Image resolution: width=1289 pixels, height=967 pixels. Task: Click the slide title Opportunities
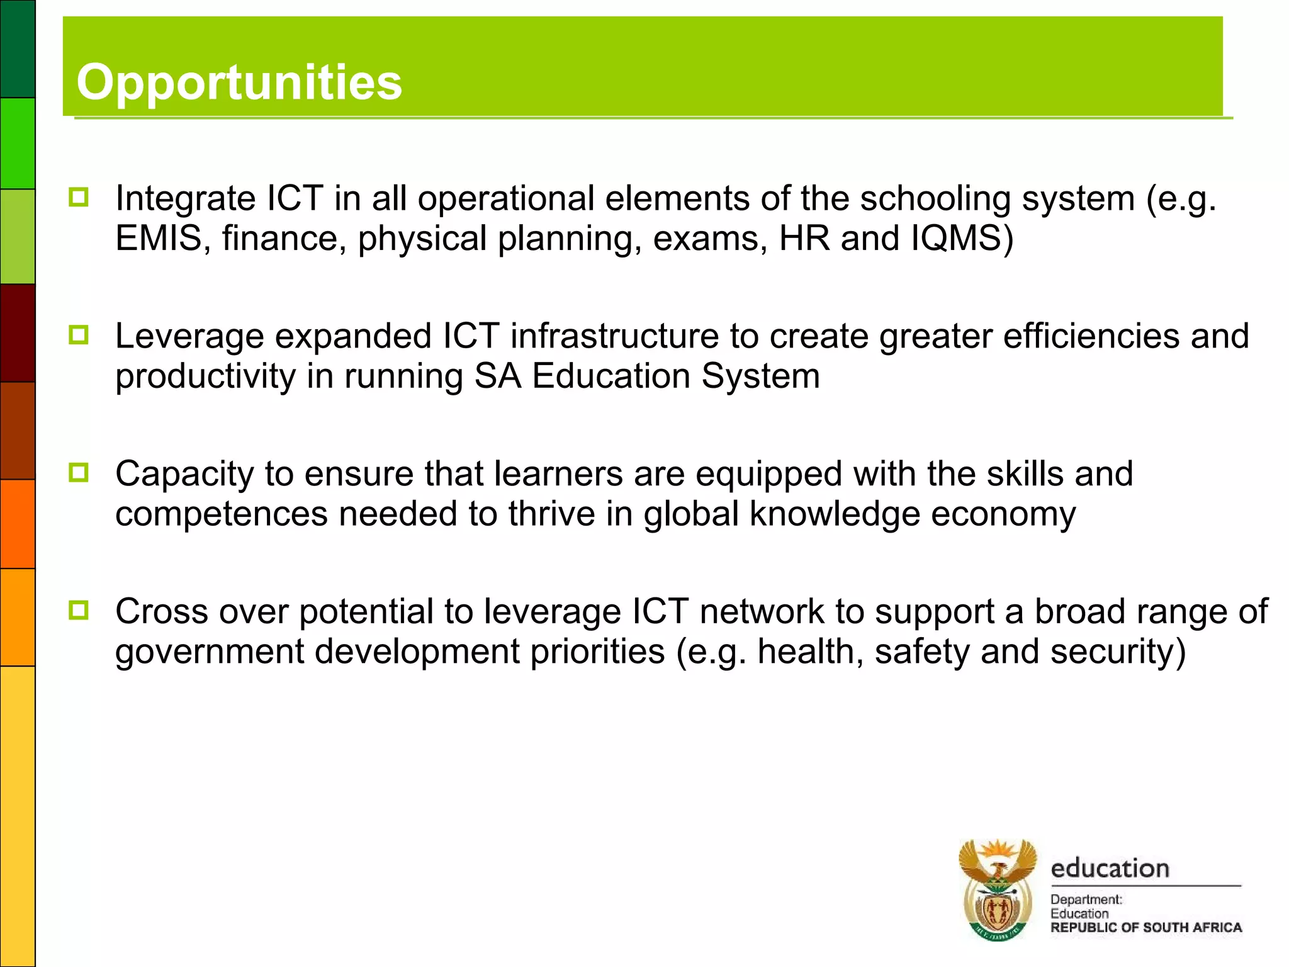pyautogui.click(x=239, y=82)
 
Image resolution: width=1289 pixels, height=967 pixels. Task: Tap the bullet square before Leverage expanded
pyautogui.click(x=79, y=334)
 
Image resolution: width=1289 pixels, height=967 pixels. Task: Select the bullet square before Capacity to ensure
pyautogui.click(x=79, y=472)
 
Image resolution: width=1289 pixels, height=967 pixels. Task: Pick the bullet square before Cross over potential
pyautogui.click(x=79, y=609)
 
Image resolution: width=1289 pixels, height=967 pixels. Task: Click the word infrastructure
pyautogui.click(x=614, y=336)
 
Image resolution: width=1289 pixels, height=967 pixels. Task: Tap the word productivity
pyautogui.click(x=205, y=376)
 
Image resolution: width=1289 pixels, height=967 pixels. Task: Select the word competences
pyautogui.click(x=222, y=514)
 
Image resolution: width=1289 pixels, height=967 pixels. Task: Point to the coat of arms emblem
pyautogui.click(x=997, y=890)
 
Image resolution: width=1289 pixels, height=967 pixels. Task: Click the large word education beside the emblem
pyautogui.click(x=1110, y=868)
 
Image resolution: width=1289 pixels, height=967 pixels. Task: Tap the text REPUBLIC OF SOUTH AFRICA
pyautogui.click(x=1146, y=927)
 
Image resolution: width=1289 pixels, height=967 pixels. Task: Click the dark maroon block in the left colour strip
pyautogui.click(x=18, y=332)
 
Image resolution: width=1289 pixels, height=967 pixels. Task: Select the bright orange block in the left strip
pyautogui.click(x=18, y=524)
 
